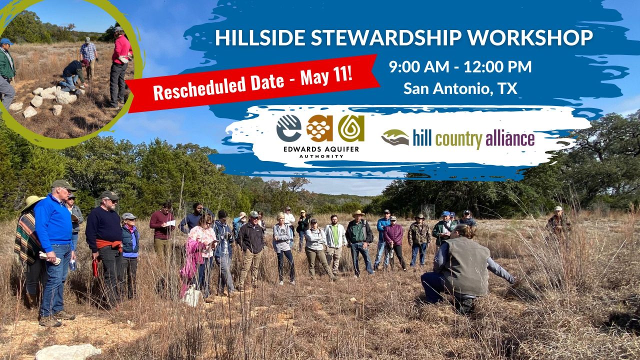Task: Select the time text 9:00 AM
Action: [x=419, y=66]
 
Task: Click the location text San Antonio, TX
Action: [x=460, y=88]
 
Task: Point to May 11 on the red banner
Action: [x=326, y=76]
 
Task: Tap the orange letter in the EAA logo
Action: [x=319, y=128]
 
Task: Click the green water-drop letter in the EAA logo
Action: [x=351, y=128]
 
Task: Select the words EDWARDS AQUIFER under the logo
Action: [x=321, y=149]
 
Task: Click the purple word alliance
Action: [x=509, y=139]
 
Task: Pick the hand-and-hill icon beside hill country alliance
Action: [x=395, y=137]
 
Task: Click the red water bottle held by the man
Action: [x=95, y=267]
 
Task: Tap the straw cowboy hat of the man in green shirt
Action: [x=358, y=213]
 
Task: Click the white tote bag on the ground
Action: [x=191, y=295]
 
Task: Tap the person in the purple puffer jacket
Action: [x=394, y=243]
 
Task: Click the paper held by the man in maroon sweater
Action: [x=170, y=223]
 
